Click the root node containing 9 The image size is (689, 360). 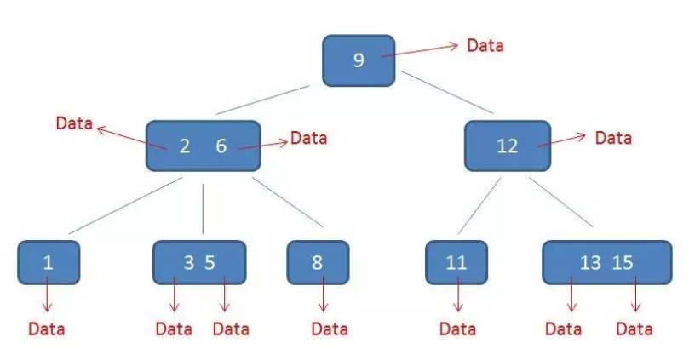click(x=359, y=60)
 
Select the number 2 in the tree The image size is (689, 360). click(x=184, y=146)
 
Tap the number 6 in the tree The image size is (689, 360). click(x=221, y=146)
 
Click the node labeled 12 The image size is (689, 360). click(x=507, y=146)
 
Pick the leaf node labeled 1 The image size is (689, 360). click(x=48, y=262)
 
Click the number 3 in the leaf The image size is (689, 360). click(x=188, y=262)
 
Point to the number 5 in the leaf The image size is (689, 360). click(x=210, y=262)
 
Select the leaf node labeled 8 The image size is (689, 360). click(x=318, y=262)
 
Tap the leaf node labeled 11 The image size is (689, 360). click(x=456, y=262)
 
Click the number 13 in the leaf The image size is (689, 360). click(x=589, y=262)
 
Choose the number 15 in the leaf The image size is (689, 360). click(x=623, y=262)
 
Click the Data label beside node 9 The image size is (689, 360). click(x=485, y=45)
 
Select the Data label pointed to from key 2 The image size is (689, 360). click(x=74, y=123)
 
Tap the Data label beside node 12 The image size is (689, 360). click(x=613, y=137)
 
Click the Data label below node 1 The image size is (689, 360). click(x=46, y=328)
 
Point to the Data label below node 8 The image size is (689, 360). click(x=330, y=328)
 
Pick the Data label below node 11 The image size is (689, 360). click(x=458, y=328)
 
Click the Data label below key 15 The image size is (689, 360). click(x=634, y=328)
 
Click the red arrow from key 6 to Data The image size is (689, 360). click(x=264, y=144)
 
